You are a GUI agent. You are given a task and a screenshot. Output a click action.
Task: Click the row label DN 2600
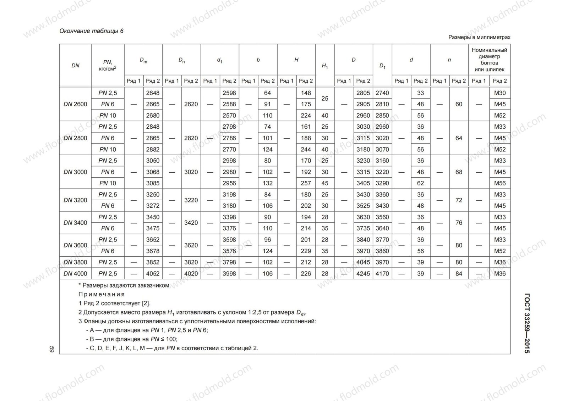pyautogui.click(x=75, y=104)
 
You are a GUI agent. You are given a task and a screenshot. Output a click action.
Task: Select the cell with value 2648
pyautogui.click(x=153, y=93)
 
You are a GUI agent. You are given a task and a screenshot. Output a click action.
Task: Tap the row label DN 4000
pyautogui.click(x=75, y=274)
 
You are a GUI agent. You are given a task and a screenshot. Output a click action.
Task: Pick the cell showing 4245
pyautogui.click(x=363, y=274)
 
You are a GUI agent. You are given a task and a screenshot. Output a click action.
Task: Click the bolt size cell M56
pyautogui.click(x=500, y=183)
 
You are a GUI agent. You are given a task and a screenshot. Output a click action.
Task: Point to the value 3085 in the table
pyautogui.click(x=153, y=183)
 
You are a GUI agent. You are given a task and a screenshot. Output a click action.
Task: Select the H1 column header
pyautogui.click(x=325, y=66)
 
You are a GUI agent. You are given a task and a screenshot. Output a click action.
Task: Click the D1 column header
pyautogui.click(x=382, y=66)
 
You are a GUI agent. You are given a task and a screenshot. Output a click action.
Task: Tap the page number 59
pyautogui.click(x=51, y=349)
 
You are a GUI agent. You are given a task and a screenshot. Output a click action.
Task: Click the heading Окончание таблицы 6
pyautogui.click(x=92, y=31)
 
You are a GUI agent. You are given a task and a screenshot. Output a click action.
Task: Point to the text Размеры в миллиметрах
pyautogui.click(x=479, y=37)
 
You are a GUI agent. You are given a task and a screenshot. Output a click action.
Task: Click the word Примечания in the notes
pyautogui.click(x=102, y=294)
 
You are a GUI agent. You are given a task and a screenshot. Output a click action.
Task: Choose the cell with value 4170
pyautogui.click(x=382, y=274)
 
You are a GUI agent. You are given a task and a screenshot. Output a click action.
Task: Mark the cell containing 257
pyautogui.click(x=306, y=183)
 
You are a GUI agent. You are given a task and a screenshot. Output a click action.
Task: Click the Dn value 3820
pyautogui.click(x=191, y=262)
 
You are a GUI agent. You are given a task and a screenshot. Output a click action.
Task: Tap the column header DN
pyautogui.click(x=75, y=66)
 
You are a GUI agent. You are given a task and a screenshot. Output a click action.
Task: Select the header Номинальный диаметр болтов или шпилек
pyautogui.click(x=489, y=60)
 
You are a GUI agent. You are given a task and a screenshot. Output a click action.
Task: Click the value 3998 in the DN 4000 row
pyautogui.click(x=229, y=274)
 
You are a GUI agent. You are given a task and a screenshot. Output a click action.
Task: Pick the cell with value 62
pyautogui.click(x=421, y=183)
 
